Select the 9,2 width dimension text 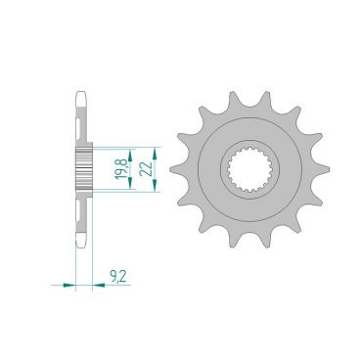point(117,279)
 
